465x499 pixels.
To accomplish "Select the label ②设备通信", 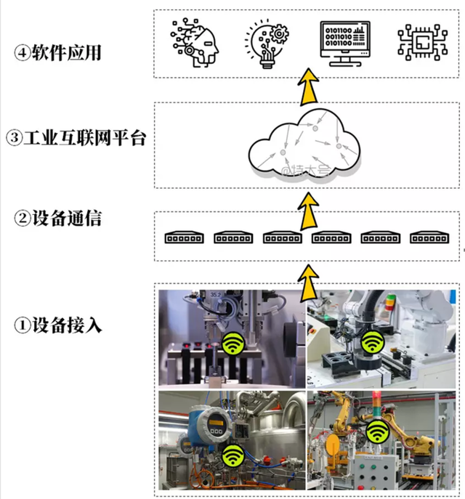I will [x=60, y=217].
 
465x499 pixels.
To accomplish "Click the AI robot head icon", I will [x=194, y=44].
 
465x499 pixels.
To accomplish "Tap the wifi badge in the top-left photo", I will [x=232, y=341].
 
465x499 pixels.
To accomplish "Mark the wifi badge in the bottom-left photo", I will [x=232, y=456].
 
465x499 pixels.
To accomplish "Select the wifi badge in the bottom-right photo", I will [x=376, y=433].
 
